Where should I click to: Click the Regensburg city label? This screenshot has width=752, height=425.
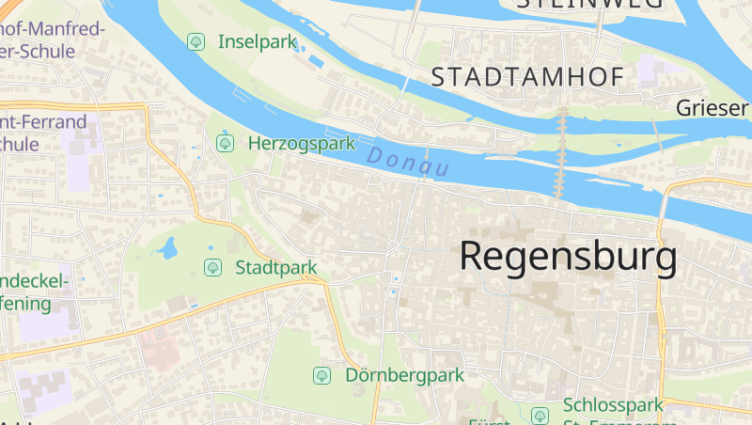[x=568, y=256]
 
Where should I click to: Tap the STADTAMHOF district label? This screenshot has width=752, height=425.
[x=527, y=78]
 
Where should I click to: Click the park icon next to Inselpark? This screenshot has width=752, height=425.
[x=196, y=41]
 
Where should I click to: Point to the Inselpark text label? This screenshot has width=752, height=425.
[x=257, y=41]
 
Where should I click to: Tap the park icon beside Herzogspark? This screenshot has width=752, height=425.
[x=225, y=143]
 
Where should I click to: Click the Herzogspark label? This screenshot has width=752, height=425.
[x=301, y=143]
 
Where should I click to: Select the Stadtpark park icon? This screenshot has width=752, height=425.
[x=212, y=267]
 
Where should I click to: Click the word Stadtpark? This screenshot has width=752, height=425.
[x=275, y=267]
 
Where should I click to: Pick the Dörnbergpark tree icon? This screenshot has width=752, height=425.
[x=322, y=375]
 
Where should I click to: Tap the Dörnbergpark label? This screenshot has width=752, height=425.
[x=405, y=375]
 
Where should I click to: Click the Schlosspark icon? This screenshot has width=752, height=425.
[x=540, y=415]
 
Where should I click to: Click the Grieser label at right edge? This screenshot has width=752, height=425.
[x=712, y=108]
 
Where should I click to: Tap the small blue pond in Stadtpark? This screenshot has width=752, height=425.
[x=168, y=249]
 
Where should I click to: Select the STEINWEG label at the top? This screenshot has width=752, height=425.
[x=589, y=5]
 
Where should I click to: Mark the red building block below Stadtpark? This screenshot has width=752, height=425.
[x=159, y=351]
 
